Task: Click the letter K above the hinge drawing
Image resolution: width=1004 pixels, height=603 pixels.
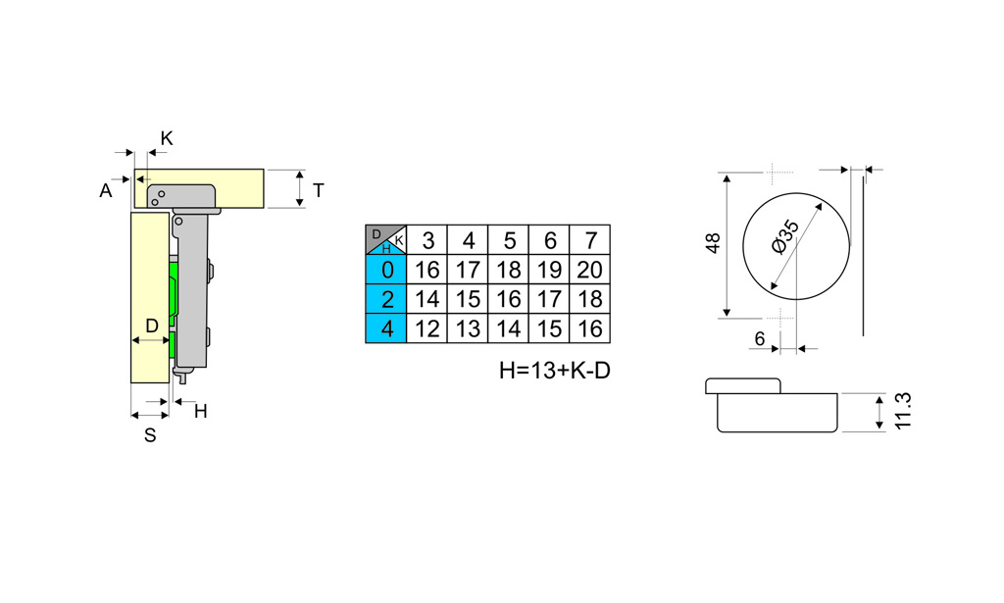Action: [x=167, y=138]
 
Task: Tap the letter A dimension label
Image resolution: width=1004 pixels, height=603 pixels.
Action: [x=106, y=191]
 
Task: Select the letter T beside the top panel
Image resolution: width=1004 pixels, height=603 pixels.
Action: [x=319, y=190]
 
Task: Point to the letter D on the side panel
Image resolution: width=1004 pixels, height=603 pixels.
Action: [x=152, y=326]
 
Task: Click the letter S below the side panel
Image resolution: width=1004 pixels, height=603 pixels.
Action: [x=150, y=435]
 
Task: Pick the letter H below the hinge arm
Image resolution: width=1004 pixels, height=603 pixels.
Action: [x=200, y=412]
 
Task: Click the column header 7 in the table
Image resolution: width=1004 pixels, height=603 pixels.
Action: [x=590, y=240]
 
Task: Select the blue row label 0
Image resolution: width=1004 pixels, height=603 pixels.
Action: [x=386, y=271]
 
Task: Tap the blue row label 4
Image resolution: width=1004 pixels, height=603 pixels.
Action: [x=386, y=329]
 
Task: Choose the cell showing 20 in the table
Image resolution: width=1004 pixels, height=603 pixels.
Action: [x=589, y=271]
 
